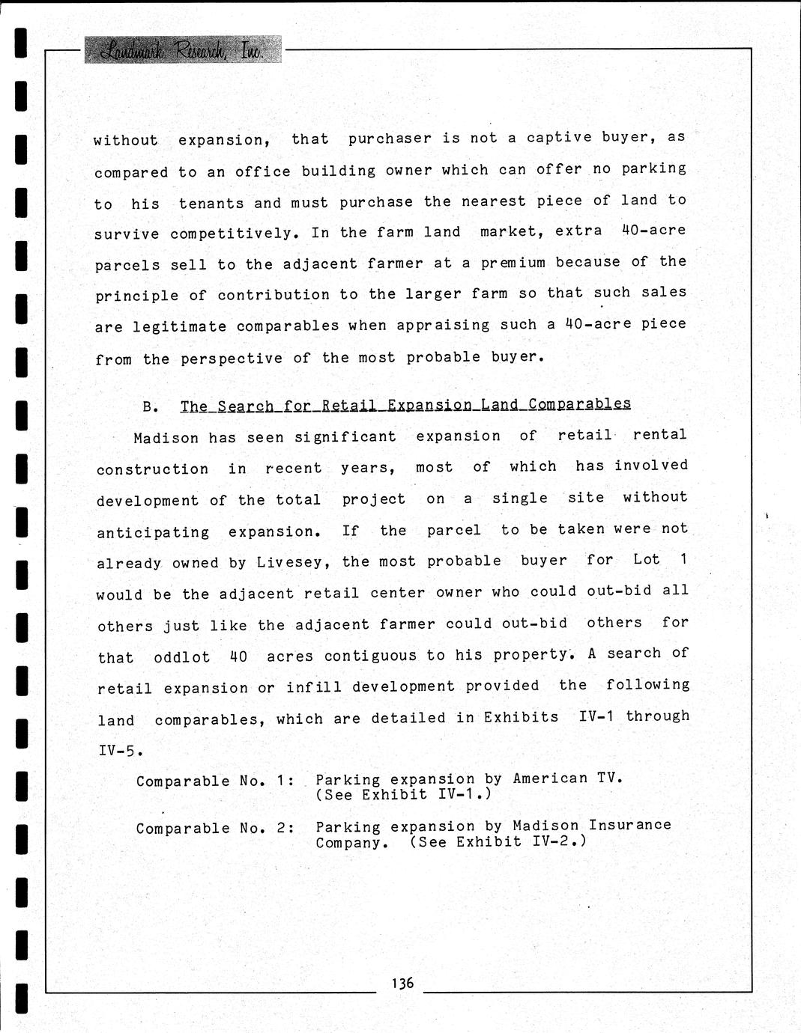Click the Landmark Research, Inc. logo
pos(182,49)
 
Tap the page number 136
pos(402,983)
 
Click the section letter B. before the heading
pos(150,407)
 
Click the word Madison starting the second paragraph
pos(166,438)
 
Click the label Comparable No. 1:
pos(214,781)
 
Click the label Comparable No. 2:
pos(214,829)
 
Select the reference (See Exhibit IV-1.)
pos(403,795)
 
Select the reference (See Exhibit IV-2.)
pos(498,841)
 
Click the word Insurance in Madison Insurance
pos(629,825)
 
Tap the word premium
pos(513,263)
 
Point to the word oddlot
pos(182,658)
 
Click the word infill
pos(313,687)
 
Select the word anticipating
pos(153,533)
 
